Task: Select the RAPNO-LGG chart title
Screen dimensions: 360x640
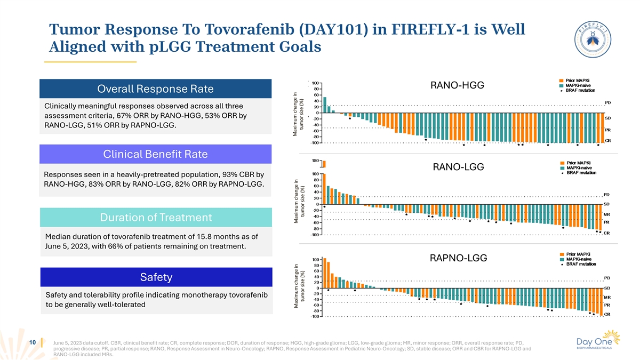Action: [x=461, y=258]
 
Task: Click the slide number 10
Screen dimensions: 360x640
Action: [x=33, y=342]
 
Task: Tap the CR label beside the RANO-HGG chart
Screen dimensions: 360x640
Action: [x=607, y=140]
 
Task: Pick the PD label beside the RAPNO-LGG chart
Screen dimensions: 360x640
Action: [x=606, y=277]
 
